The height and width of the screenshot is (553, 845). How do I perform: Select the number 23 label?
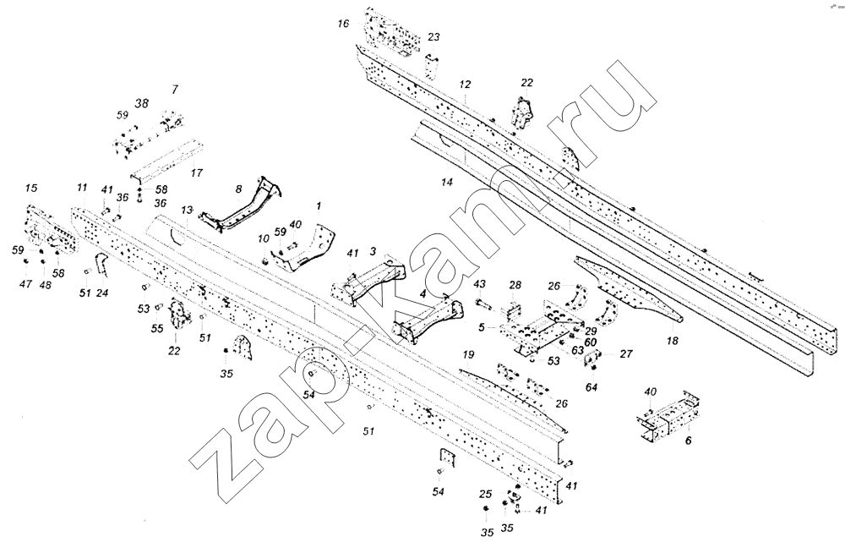click(x=433, y=37)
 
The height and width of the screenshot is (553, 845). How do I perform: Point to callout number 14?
click(x=447, y=182)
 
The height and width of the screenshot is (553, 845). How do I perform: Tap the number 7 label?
click(x=174, y=89)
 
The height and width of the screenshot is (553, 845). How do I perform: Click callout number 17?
click(x=196, y=172)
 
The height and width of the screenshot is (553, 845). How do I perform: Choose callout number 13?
click(x=188, y=209)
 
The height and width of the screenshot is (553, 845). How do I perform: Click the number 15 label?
click(x=30, y=187)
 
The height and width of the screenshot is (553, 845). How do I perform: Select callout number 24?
click(x=102, y=293)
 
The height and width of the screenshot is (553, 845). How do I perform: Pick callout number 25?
click(x=485, y=494)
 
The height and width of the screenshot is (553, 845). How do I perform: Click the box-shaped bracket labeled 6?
click(x=668, y=418)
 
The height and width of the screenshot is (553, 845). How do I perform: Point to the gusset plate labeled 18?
click(x=630, y=292)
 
